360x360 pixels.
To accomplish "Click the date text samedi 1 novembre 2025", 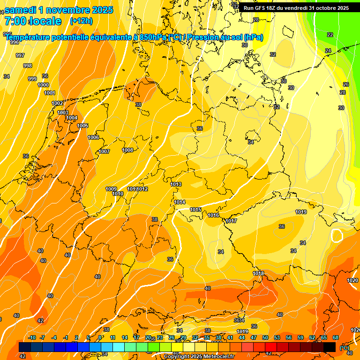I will (x=59, y=10).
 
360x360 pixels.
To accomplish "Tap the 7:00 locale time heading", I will (x=33, y=21).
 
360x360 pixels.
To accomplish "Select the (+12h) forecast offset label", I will (x=81, y=21).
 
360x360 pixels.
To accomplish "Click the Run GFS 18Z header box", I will (x=296, y=8).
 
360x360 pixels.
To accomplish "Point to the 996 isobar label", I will (x=15, y=42).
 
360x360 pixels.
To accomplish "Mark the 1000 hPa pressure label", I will (x=43, y=85).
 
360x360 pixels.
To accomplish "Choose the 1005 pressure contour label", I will (x=82, y=126).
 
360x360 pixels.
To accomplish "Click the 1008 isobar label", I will (x=127, y=150).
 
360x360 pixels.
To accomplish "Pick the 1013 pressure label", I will (x=176, y=184).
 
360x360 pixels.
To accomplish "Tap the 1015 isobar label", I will (x=195, y=210).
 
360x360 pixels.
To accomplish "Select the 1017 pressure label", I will (x=231, y=221).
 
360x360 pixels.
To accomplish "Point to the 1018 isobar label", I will (x=258, y=273).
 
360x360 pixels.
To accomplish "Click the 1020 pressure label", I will (x=352, y=280).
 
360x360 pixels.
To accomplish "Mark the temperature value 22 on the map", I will (x=330, y=35).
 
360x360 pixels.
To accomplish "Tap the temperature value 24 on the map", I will (x=328, y=51).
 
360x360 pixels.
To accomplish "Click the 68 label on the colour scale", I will (x=336, y=337).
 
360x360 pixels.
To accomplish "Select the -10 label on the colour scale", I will (x=32, y=337).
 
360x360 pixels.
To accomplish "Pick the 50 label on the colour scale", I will (x=265, y=337).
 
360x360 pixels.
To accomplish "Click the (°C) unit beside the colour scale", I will (x=345, y=348).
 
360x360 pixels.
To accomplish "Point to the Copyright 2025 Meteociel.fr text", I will (x=199, y=356).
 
